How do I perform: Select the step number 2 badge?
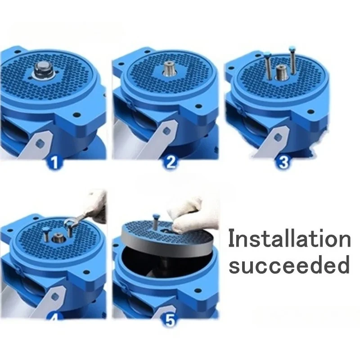click(170, 162)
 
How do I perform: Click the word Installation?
click(289, 238)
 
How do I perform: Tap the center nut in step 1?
click(42, 70)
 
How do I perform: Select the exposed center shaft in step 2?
click(169, 70)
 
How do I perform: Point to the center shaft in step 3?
click(281, 72)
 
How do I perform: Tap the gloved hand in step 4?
click(95, 205)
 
